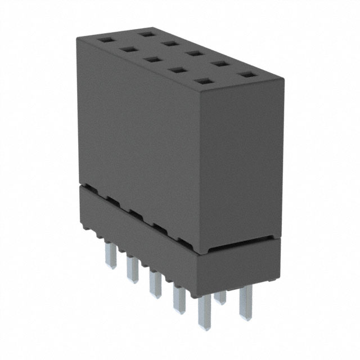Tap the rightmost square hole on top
pos(246,74)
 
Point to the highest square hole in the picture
pos(148,33)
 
